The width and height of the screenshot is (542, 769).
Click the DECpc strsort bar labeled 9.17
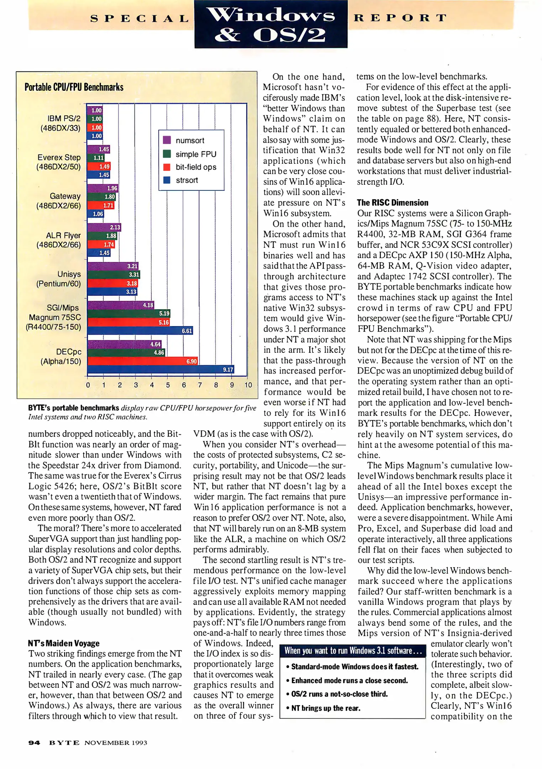point(160,369)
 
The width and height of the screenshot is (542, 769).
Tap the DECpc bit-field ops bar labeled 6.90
point(142,361)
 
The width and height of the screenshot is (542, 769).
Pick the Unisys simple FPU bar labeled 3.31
point(114,274)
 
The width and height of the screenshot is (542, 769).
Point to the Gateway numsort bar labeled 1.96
point(102,188)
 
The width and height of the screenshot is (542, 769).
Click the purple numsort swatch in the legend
point(167,140)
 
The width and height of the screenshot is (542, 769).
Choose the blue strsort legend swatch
point(167,180)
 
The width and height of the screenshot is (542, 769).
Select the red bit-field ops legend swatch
point(167,167)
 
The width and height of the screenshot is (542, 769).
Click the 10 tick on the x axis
point(248,385)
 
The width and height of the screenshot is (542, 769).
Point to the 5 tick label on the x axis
point(168,385)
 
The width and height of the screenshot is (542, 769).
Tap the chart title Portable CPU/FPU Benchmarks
point(74,87)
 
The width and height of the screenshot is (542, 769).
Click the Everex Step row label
point(59,162)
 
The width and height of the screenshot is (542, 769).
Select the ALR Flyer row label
point(59,240)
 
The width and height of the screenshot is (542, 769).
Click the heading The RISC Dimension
point(393,203)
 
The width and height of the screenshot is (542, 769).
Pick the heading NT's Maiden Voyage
point(64,643)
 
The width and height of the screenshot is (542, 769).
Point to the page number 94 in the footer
point(35,743)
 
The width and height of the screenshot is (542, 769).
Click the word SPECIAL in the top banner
point(140,18)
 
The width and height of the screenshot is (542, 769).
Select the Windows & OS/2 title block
point(271,24)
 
